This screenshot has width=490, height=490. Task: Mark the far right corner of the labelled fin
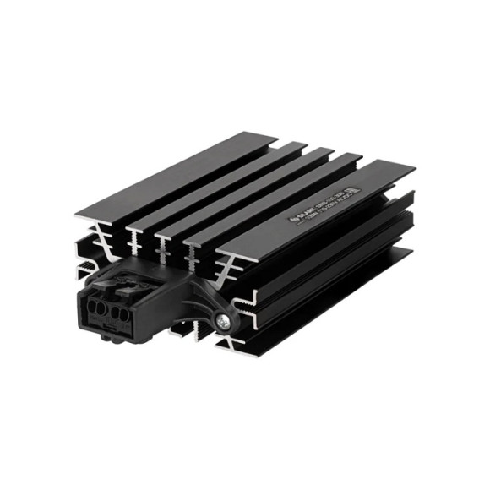[x=415, y=166]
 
